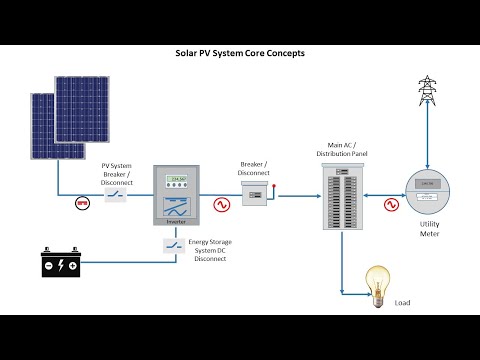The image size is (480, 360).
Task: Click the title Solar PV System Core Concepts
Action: [x=240, y=52]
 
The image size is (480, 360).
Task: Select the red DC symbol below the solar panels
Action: [x=84, y=202]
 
